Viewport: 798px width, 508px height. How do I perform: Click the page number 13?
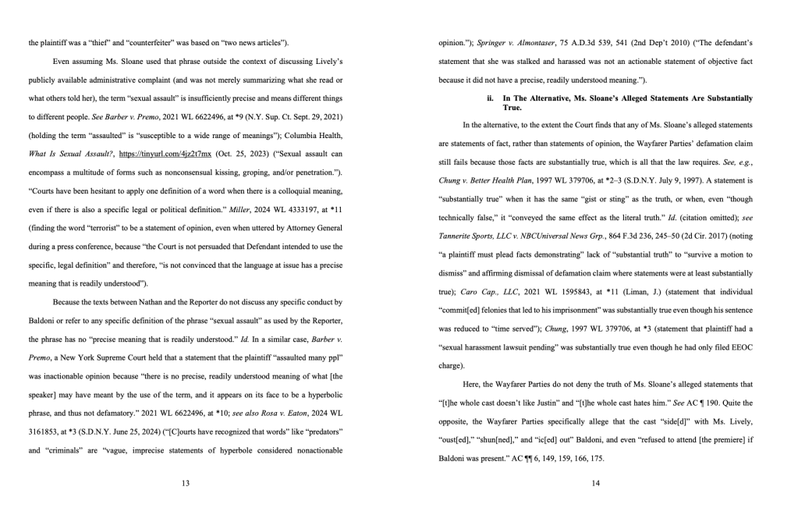(x=186, y=484)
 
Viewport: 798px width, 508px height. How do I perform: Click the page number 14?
(x=596, y=484)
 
